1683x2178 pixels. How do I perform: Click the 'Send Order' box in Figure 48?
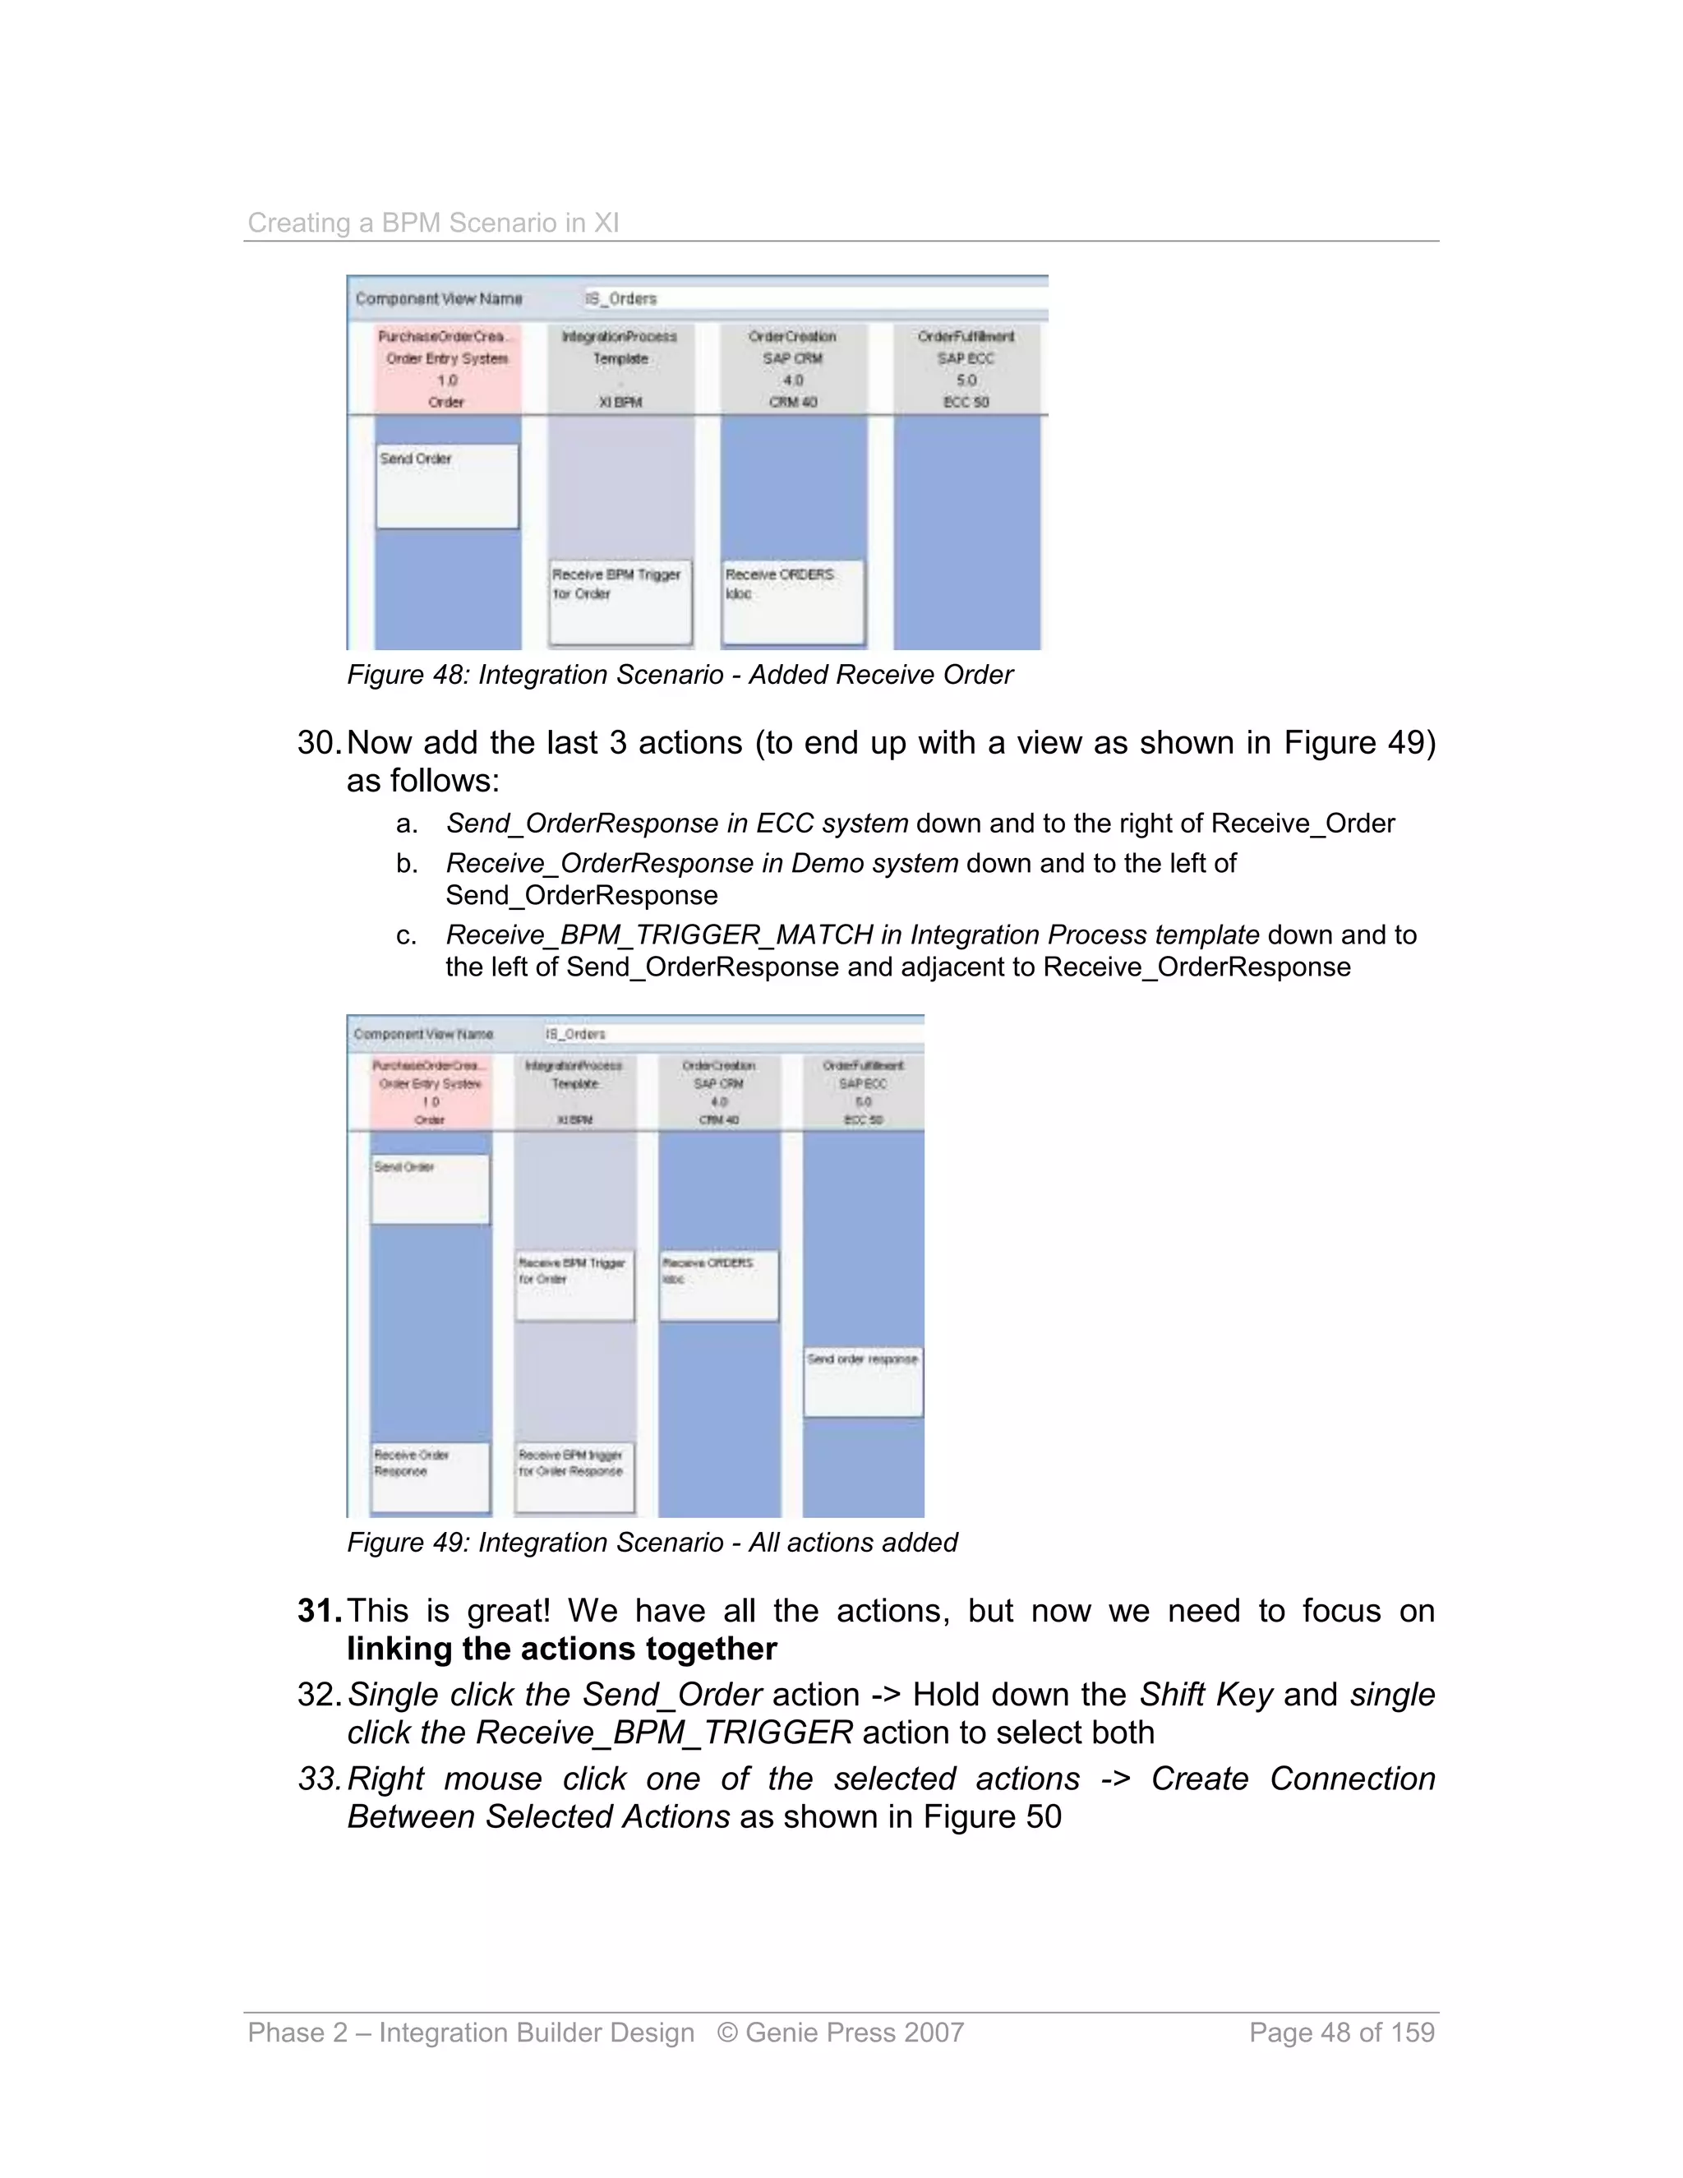pos(447,486)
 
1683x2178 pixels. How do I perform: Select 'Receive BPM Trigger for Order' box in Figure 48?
pos(620,602)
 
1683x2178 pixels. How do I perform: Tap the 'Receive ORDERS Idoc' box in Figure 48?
pos(793,602)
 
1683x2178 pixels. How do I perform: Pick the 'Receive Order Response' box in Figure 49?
pos(431,1476)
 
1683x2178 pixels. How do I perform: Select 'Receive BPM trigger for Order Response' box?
pos(574,1476)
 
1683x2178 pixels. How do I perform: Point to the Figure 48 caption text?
pos(679,675)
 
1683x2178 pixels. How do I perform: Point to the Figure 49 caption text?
pos(651,1543)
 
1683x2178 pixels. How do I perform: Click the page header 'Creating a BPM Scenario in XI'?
pos(433,223)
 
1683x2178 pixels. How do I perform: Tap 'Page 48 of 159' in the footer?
pos(1341,2033)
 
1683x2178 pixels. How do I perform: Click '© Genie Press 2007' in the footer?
pos(840,2033)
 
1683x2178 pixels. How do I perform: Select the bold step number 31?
pos(319,1611)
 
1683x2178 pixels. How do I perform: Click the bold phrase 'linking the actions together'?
pos(561,1649)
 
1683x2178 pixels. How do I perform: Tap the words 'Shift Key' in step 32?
pos(1206,1695)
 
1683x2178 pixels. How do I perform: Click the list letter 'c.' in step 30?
pos(406,935)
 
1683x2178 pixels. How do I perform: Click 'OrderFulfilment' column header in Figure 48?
pos(965,337)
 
